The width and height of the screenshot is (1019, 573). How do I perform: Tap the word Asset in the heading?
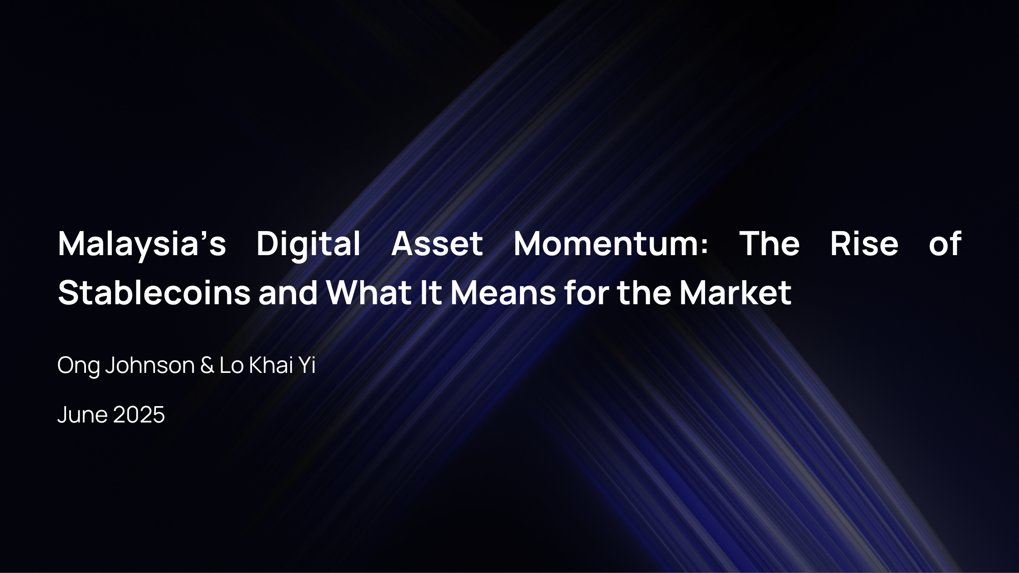click(x=437, y=244)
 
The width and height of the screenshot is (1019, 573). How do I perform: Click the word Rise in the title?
click(x=864, y=243)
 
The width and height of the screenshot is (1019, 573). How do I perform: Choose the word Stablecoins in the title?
click(x=154, y=292)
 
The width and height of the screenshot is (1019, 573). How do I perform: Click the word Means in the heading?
click(x=503, y=292)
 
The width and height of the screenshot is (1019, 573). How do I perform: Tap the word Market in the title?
click(x=736, y=292)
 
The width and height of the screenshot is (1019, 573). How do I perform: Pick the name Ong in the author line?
click(x=78, y=366)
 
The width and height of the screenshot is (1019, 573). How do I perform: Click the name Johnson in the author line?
click(x=150, y=365)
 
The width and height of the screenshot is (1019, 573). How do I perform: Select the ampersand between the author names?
click(x=207, y=365)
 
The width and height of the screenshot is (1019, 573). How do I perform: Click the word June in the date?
click(x=82, y=414)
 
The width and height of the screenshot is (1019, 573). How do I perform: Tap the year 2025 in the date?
click(x=139, y=414)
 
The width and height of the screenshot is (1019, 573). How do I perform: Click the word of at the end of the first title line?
click(x=945, y=243)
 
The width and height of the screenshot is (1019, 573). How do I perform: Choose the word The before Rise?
click(x=769, y=243)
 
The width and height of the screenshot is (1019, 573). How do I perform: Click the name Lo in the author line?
click(x=232, y=365)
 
